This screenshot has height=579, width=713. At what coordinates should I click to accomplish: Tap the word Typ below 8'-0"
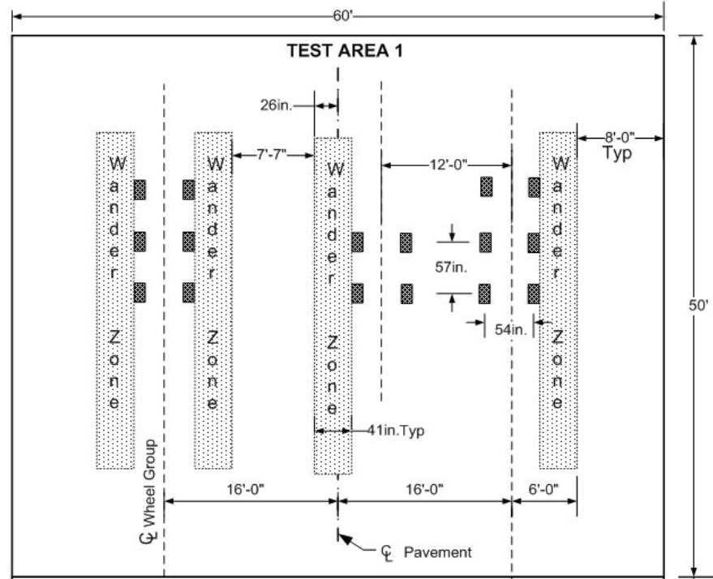pyautogui.click(x=618, y=154)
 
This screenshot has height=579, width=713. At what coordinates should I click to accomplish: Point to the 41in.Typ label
pyautogui.click(x=396, y=431)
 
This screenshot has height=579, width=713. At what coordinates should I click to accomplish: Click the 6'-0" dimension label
pyautogui.click(x=543, y=488)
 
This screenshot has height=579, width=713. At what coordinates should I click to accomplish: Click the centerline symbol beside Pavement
pyautogui.click(x=387, y=552)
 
